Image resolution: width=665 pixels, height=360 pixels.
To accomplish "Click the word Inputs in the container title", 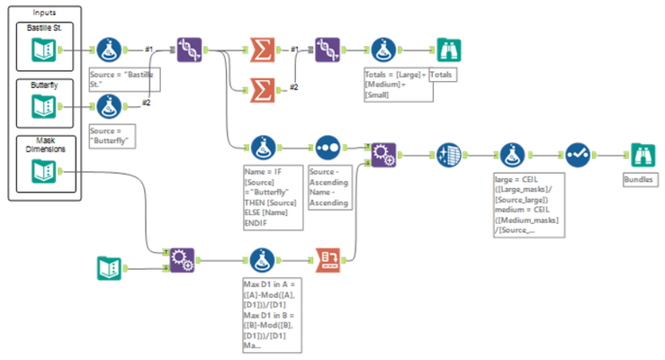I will (44, 13).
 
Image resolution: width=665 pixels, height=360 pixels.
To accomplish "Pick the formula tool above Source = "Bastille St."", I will (110, 51).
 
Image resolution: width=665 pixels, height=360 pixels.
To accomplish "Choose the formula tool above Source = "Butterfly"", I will (110, 108).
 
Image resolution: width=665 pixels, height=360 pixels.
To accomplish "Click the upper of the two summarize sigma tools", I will (261, 51).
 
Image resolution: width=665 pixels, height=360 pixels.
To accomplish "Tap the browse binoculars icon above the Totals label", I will (446, 51).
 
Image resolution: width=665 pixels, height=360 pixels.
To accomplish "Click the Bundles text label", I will (640, 180).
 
